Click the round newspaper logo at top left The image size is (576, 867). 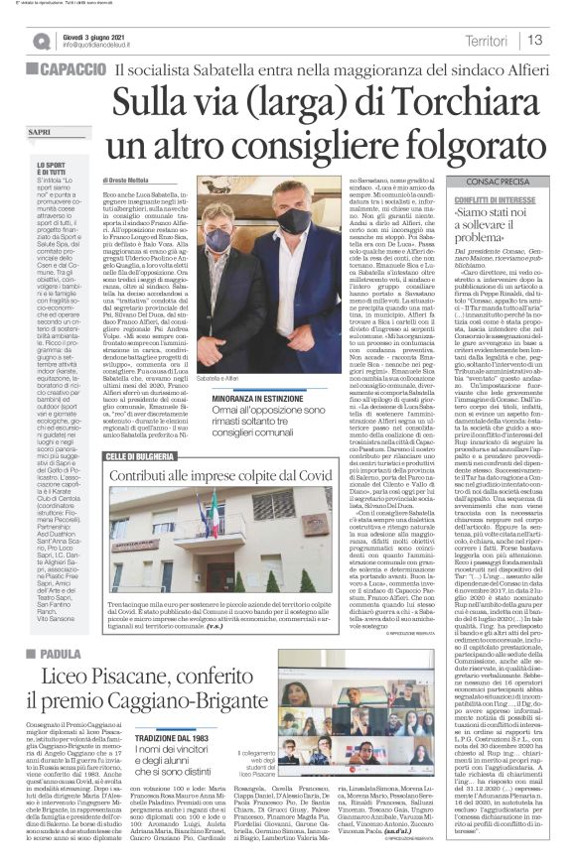tap(40, 40)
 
